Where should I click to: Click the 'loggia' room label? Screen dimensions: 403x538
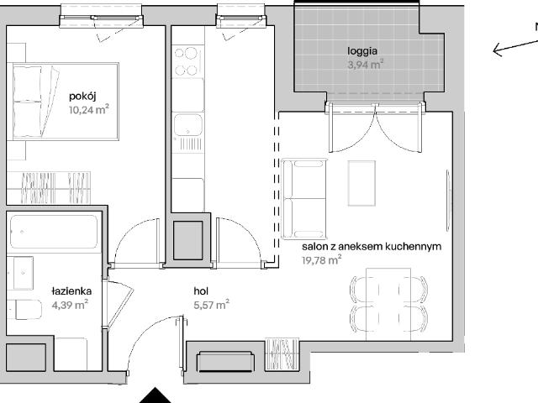(x=365, y=50)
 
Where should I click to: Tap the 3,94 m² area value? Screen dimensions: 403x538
(x=365, y=63)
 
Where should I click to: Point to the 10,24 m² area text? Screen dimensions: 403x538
(x=89, y=108)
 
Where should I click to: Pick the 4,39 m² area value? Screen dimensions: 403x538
(x=70, y=305)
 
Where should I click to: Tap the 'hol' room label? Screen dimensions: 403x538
(x=201, y=291)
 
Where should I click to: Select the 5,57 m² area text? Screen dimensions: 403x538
(x=211, y=305)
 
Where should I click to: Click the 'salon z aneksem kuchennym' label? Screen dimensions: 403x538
(x=372, y=247)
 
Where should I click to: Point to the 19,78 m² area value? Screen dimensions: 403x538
(x=321, y=260)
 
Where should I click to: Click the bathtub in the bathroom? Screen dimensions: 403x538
(x=55, y=233)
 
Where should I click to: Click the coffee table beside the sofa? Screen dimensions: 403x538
(x=363, y=182)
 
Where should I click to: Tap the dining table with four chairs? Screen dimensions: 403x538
(x=382, y=303)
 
